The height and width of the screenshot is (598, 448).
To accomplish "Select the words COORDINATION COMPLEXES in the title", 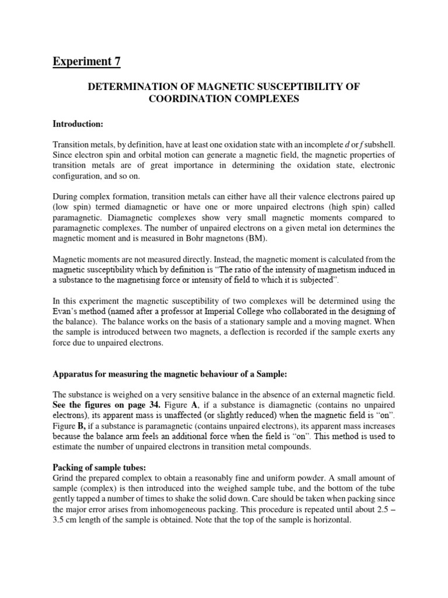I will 224,99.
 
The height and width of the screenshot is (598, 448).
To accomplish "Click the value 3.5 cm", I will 65,521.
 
